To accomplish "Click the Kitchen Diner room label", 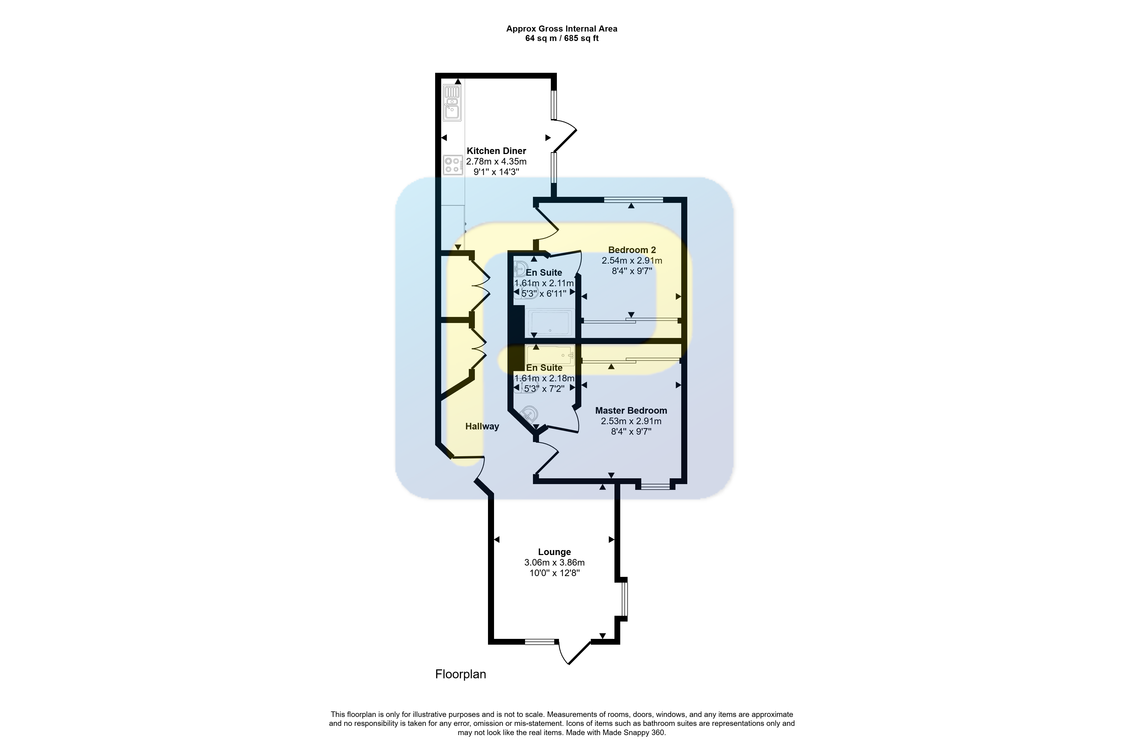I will [496, 151].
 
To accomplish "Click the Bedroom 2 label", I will [632, 250].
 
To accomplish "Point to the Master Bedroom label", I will [631, 410].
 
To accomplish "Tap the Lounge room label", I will [554, 552].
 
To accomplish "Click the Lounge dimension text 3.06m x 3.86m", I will [554, 563].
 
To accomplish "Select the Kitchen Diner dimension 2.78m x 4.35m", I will [496, 161].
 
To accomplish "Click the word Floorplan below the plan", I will [460, 674].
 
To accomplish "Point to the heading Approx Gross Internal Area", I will [562, 29].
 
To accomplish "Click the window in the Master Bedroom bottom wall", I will [655, 486].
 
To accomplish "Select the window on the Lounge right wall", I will [624, 599].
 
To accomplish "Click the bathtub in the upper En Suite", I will [550, 323].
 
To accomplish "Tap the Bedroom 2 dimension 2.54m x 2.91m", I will [632, 261].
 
